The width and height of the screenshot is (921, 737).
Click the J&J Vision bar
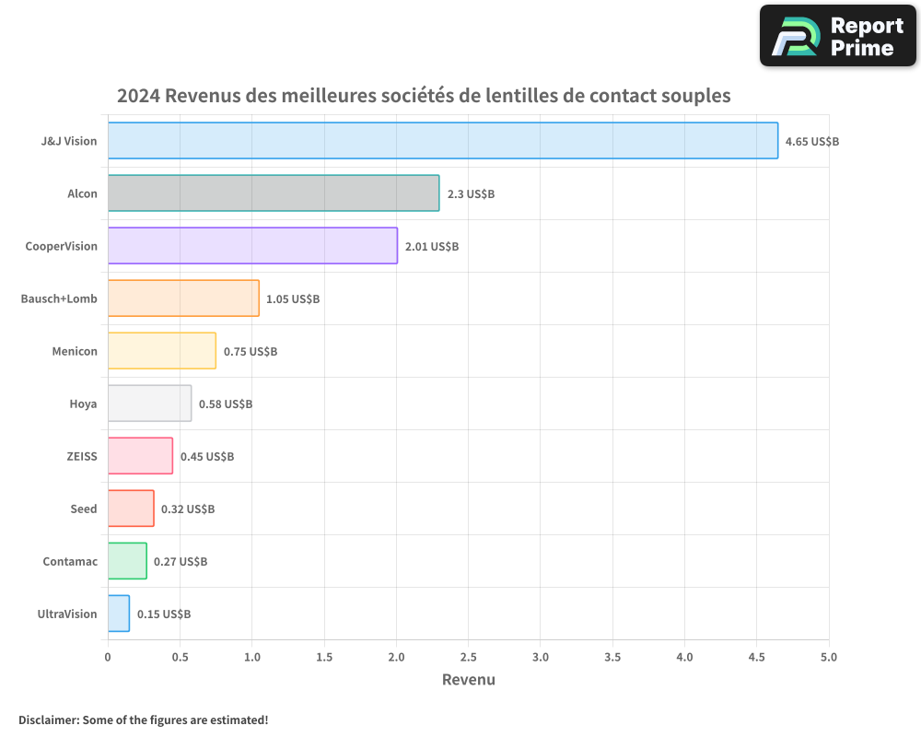tap(442, 141)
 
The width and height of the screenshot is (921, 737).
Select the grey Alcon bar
tap(274, 193)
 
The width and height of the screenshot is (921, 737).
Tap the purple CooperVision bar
tap(252, 246)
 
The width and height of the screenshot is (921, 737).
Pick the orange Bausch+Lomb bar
tap(183, 298)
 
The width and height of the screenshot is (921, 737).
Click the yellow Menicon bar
tap(162, 351)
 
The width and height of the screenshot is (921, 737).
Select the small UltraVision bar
tap(119, 614)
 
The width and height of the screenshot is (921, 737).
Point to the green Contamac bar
tap(127, 561)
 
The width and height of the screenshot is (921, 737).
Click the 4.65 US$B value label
tap(811, 142)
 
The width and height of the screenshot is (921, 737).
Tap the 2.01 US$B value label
tap(431, 247)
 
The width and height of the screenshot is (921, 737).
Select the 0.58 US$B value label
tap(225, 404)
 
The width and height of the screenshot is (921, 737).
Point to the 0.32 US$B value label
tap(187, 509)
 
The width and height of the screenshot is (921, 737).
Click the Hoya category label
tap(83, 404)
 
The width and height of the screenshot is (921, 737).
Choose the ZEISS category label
tap(81, 456)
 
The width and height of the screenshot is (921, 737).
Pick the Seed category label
tap(84, 509)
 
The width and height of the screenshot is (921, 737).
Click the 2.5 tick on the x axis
tap(468, 657)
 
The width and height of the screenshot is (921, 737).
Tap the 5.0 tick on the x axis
tap(828, 657)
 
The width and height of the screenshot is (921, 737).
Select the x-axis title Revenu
tap(468, 680)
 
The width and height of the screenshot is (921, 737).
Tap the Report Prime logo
tap(837, 36)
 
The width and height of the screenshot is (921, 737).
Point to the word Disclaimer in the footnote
tap(47, 719)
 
